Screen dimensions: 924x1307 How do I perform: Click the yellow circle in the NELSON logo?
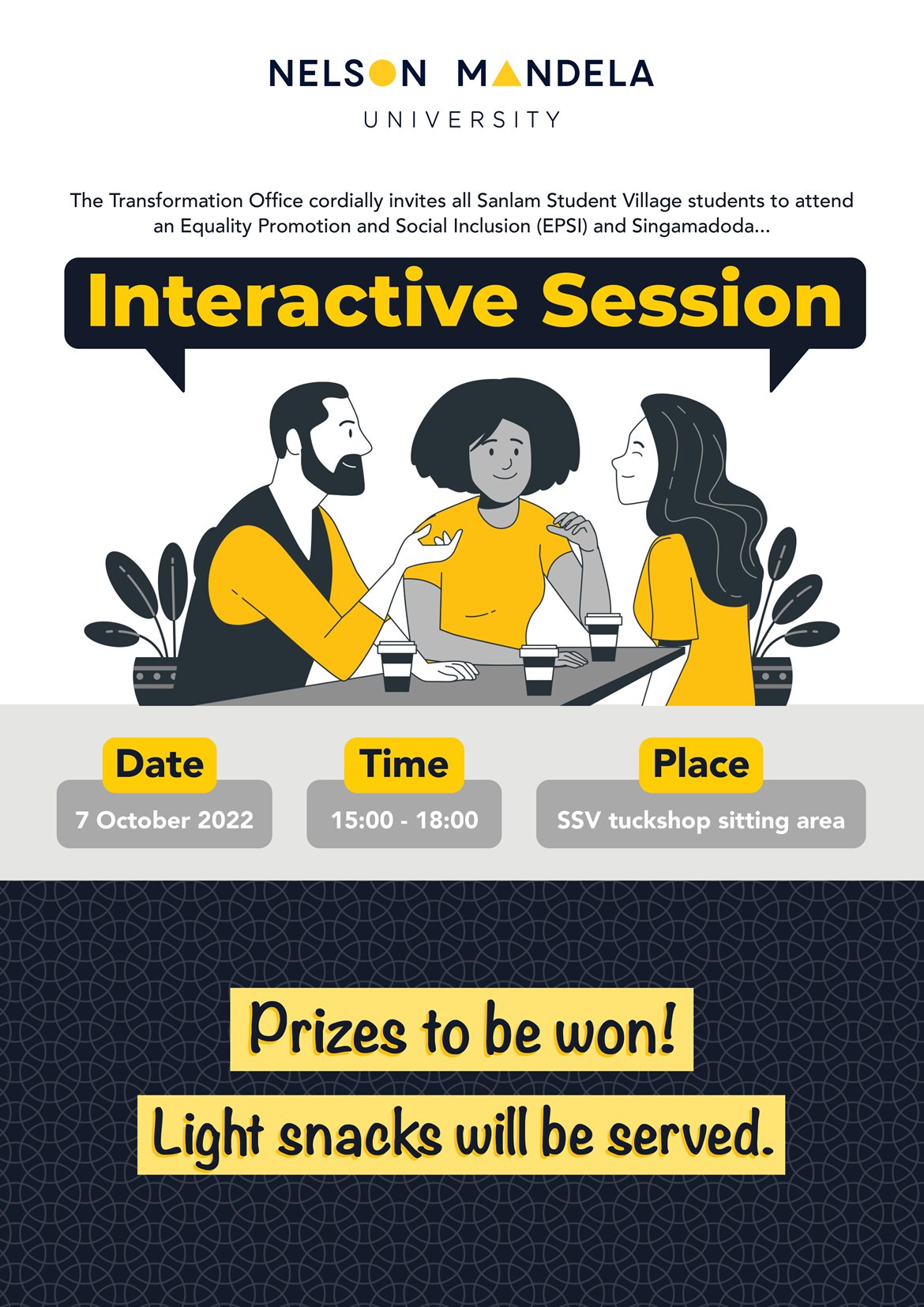[382, 73]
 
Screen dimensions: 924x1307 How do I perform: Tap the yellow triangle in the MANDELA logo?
[506, 73]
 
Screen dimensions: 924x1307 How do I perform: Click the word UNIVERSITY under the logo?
[461, 119]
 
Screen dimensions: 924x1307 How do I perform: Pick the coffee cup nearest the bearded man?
[396, 666]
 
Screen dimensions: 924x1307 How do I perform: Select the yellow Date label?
[160, 764]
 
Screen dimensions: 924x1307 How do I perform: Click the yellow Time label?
[404, 764]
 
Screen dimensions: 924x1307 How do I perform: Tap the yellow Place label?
[701, 764]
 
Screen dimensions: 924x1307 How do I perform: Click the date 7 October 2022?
[164, 821]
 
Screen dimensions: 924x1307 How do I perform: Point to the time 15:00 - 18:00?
[404, 821]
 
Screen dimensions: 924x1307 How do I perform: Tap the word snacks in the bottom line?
[360, 1136]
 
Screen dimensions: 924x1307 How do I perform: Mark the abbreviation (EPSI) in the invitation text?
[562, 226]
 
